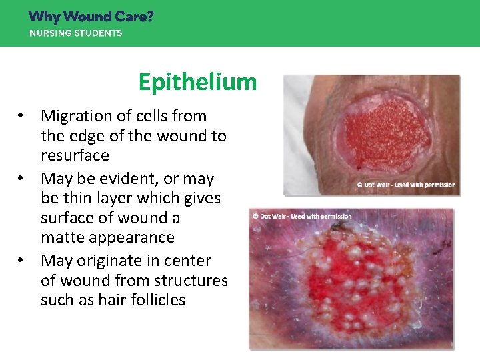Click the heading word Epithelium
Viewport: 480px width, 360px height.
(197, 82)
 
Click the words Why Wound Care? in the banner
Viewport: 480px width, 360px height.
(91, 16)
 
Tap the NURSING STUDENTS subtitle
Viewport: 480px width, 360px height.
(75, 33)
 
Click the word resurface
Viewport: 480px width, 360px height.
(75, 155)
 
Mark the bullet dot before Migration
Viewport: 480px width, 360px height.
(22, 117)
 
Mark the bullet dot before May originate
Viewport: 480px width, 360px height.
(22, 261)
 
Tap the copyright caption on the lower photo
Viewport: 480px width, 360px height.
(302, 216)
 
